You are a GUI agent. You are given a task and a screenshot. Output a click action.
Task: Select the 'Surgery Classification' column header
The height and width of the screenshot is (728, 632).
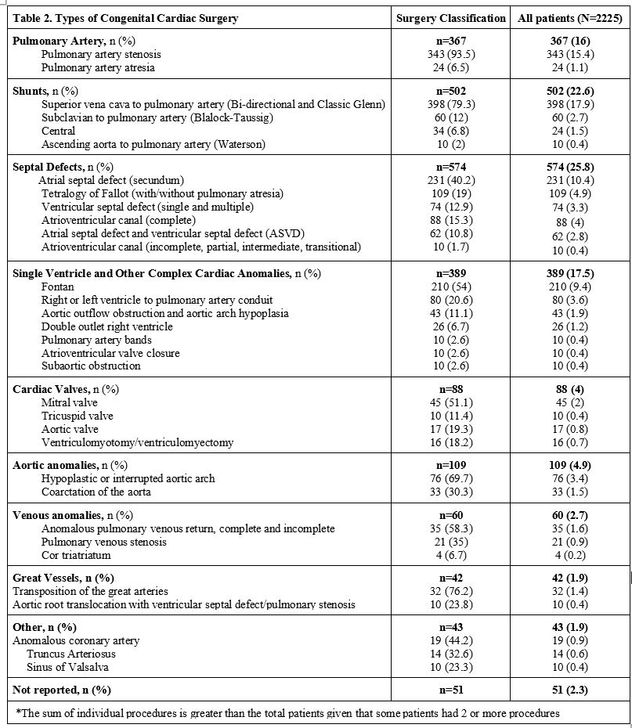(x=451, y=18)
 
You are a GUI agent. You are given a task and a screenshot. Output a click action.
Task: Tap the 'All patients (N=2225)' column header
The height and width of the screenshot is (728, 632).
(x=569, y=18)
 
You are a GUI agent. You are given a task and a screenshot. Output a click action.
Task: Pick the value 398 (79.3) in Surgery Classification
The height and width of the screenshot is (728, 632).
(x=451, y=104)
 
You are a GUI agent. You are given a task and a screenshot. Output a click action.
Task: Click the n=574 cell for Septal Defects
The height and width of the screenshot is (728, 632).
(x=451, y=167)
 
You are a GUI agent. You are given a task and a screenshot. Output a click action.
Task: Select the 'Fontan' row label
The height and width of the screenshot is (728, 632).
(x=59, y=287)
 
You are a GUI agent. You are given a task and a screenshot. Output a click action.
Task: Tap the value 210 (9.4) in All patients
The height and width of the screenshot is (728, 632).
(x=569, y=287)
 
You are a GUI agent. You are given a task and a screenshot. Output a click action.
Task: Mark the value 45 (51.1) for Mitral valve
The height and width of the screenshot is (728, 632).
(x=451, y=402)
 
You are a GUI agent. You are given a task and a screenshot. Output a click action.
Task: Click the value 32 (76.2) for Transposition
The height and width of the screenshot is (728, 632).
(x=451, y=591)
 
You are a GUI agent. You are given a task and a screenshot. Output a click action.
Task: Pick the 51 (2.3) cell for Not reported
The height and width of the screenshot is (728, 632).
(x=569, y=690)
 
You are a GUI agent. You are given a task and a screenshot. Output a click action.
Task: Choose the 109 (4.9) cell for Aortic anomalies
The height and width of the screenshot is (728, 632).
(x=569, y=465)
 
